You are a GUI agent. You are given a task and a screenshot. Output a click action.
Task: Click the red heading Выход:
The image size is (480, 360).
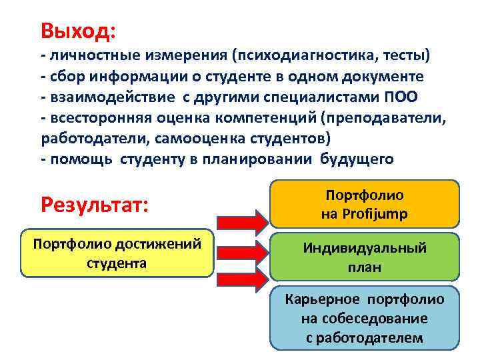click(x=77, y=31)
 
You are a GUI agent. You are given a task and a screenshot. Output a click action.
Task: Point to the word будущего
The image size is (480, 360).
click(x=357, y=159)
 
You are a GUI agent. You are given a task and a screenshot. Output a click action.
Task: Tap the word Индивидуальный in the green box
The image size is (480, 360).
click(x=365, y=248)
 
